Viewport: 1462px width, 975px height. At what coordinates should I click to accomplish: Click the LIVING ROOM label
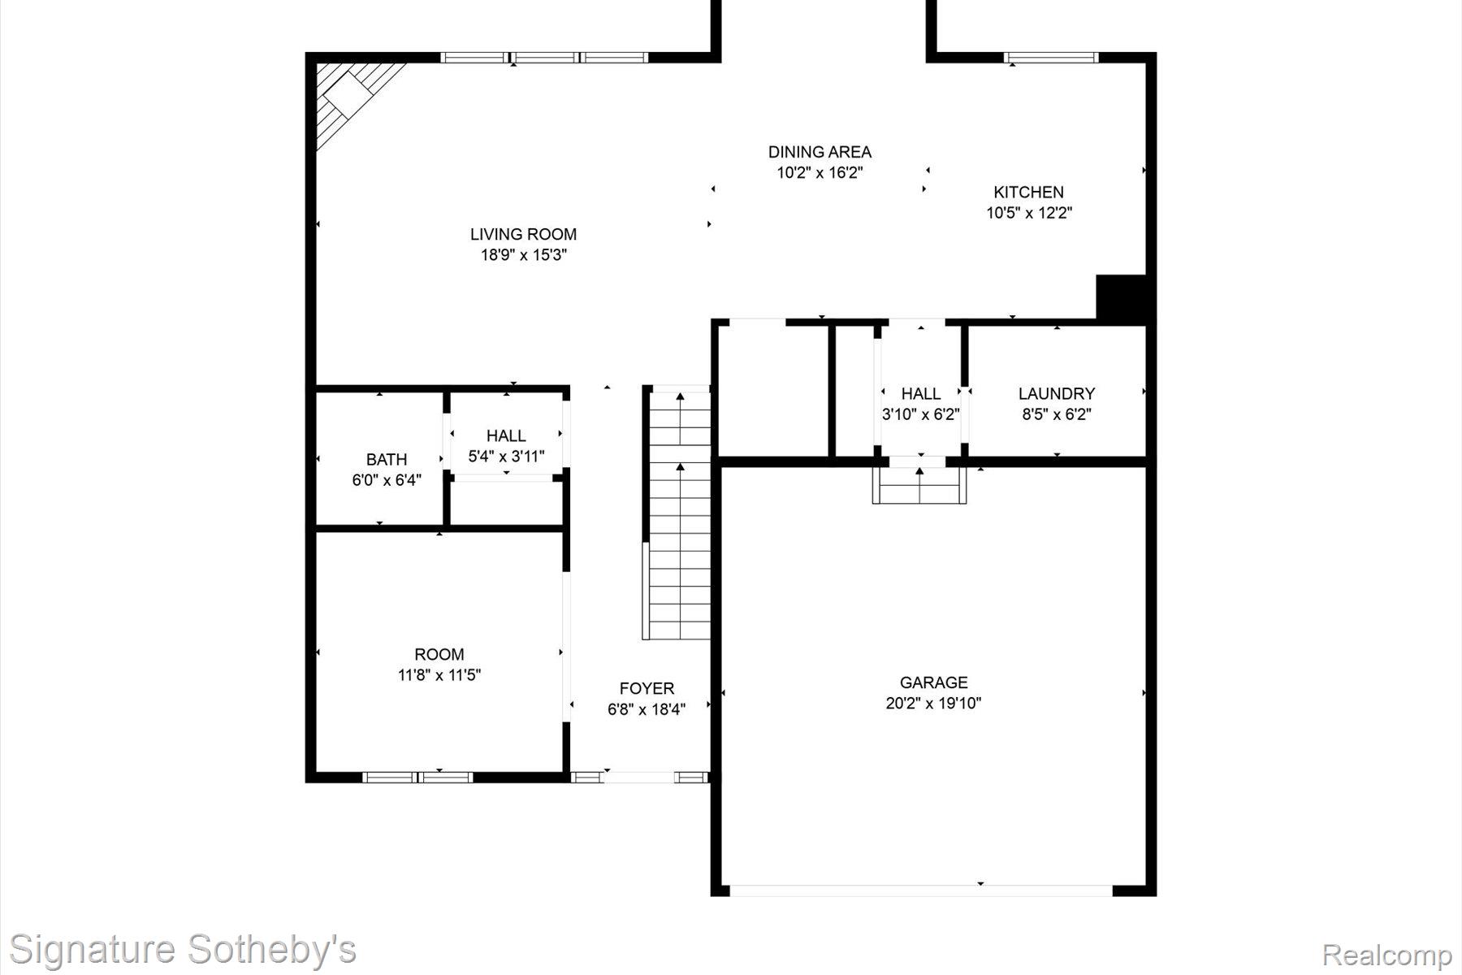coord(523,234)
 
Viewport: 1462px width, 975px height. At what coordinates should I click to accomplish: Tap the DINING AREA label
coord(820,152)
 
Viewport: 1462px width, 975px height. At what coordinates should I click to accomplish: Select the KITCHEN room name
coord(1028,193)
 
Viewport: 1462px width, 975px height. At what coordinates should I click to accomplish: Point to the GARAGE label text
coord(933,682)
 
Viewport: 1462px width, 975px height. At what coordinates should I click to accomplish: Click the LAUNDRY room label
coord(1056,394)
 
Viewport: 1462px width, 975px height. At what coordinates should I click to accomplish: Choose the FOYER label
coord(647,689)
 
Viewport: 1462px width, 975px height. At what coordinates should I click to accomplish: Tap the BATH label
coord(387,460)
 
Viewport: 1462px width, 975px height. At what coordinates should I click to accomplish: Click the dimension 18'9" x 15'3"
coord(523,255)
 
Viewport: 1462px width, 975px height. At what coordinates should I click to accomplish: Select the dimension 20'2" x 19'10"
coord(933,704)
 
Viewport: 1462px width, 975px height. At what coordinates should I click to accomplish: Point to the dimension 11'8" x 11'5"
coord(439,675)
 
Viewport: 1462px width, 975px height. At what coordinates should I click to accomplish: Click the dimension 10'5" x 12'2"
coord(1029,214)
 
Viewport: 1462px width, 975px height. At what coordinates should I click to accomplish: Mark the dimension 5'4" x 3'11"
coord(506,457)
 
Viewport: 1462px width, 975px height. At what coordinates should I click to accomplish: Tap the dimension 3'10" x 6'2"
coord(920,414)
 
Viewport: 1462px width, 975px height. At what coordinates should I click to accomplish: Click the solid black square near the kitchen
coord(1120,298)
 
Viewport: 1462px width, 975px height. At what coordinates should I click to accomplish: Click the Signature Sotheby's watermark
coord(183,950)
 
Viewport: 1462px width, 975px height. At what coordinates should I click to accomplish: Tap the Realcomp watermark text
coord(1387,955)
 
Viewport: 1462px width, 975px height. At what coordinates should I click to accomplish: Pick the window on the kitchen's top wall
coord(1051,58)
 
